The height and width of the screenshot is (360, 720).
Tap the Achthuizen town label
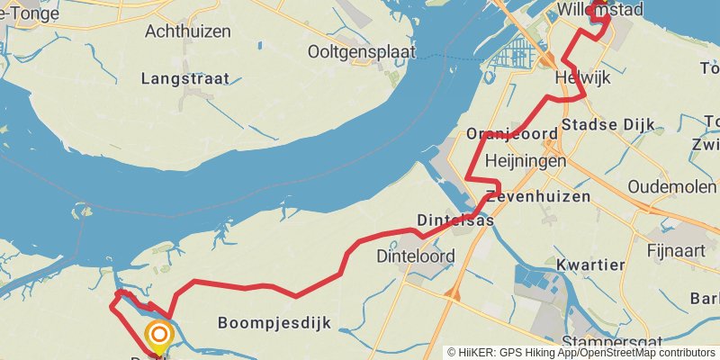[x=187, y=31]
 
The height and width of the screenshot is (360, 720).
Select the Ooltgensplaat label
[x=361, y=51]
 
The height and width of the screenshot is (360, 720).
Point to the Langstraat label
[x=184, y=79]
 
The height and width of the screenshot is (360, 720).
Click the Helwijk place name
[x=583, y=78]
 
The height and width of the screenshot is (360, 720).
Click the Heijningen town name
[x=525, y=161]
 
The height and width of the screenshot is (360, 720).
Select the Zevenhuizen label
[x=538, y=196]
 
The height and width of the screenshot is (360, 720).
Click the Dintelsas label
[x=455, y=220]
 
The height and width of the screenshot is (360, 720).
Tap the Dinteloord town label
[x=415, y=256]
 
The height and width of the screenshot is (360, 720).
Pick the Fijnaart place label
[x=675, y=250]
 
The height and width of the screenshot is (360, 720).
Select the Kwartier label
[x=589, y=265]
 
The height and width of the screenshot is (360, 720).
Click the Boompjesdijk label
[x=274, y=322]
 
